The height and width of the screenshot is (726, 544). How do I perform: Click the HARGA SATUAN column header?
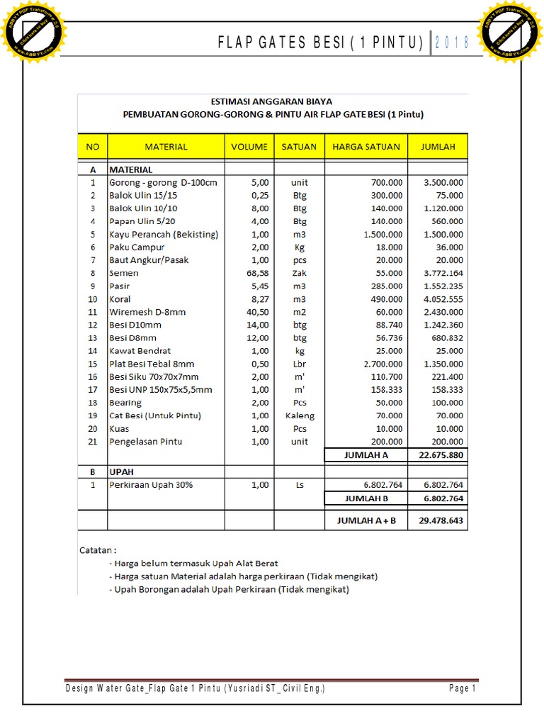(x=366, y=147)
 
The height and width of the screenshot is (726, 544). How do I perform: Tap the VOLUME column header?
(x=249, y=147)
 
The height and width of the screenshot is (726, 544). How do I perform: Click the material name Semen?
(x=124, y=273)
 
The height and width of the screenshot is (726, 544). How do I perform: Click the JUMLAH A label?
(x=366, y=455)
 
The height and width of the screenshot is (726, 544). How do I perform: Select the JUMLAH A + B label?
(x=366, y=521)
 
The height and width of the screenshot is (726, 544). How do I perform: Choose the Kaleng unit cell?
(x=299, y=415)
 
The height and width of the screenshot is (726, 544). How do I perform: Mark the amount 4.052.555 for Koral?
(x=443, y=299)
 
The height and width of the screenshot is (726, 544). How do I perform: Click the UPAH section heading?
(x=121, y=471)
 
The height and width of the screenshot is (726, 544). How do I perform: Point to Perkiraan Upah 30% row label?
(x=150, y=485)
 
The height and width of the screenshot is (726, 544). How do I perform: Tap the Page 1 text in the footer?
(x=462, y=688)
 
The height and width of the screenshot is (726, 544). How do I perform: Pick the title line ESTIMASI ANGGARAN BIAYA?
(x=272, y=101)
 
